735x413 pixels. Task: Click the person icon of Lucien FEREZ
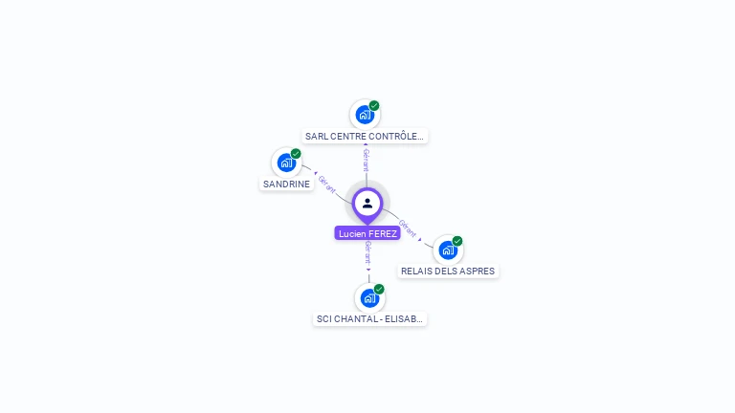point(367,203)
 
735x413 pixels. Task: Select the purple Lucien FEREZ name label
point(367,233)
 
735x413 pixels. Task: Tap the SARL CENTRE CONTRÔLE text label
point(364,137)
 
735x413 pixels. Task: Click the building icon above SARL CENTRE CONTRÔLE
point(364,115)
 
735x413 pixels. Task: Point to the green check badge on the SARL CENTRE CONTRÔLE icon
point(374,105)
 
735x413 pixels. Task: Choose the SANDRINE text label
point(286,184)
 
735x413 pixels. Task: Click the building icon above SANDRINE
point(286,163)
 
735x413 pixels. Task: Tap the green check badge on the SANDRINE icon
point(296,153)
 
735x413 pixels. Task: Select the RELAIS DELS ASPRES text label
point(448,271)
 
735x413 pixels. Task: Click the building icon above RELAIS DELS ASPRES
point(448,250)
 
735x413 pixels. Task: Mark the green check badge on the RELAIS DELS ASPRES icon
point(457,241)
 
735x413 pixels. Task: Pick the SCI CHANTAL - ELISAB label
point(369,319)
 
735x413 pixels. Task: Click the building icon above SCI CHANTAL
point(369,298)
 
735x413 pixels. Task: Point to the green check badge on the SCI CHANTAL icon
point(379,289)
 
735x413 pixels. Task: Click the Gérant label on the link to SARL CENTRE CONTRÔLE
point(366,160)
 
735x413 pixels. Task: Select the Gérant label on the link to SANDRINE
point(327,183)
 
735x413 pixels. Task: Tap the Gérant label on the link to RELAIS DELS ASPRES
point(408,228)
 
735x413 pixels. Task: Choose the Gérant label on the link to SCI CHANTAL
point(368,252)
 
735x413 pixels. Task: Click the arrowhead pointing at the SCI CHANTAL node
point(368,271)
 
